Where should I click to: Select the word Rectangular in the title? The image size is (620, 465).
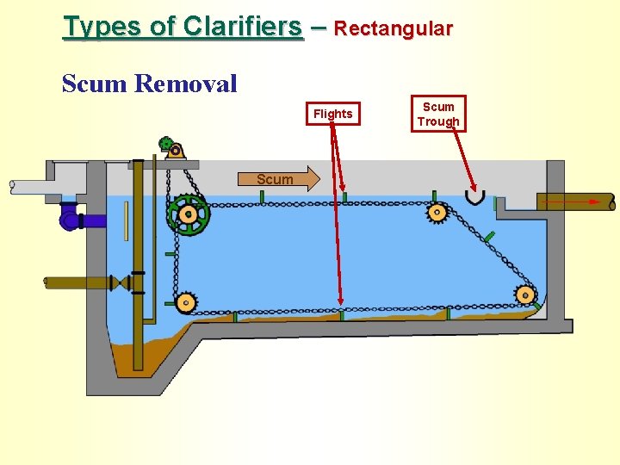pos(393,28)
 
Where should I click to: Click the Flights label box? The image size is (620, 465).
pos(332,114)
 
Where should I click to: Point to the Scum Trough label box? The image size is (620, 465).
pos(438,114)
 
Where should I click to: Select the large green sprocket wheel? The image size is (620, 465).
pos(188,214)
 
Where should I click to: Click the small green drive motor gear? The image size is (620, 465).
pos(166,144)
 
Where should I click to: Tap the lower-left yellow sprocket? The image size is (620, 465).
pos(185,302)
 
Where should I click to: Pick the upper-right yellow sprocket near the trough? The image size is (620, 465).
pos(437,212)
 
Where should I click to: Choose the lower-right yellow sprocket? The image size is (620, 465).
pos(524,295)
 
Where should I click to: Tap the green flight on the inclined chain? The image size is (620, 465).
pos(488,235)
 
